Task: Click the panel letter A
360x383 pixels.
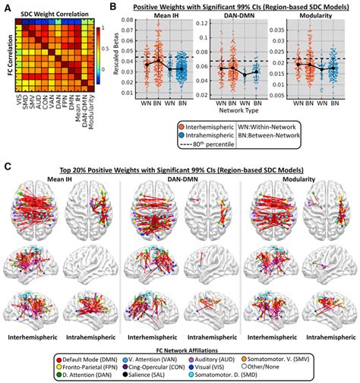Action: tap(7, 7)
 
